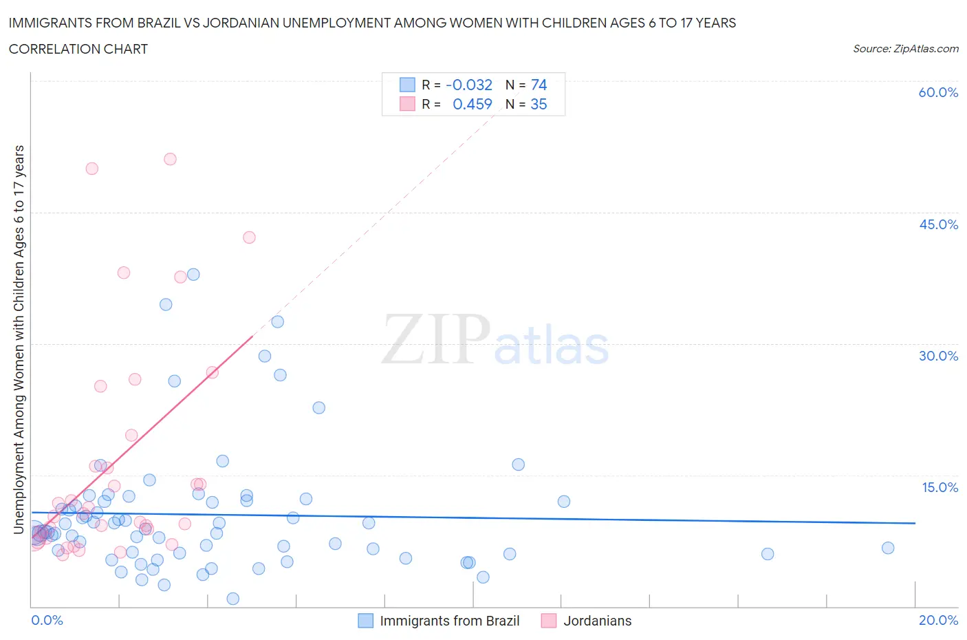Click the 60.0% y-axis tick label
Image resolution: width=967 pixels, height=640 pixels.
pos(938,92)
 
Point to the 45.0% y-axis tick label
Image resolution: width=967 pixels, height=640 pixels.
pos(938,224)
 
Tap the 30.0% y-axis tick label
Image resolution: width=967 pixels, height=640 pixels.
pos(938,356)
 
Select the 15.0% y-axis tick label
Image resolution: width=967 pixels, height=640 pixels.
pos(939,487)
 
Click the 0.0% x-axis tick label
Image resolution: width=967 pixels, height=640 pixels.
pos(47,620)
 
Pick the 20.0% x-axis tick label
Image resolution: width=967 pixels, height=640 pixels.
pos(938,620)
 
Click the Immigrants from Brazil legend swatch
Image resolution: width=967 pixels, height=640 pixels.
pos(366,621)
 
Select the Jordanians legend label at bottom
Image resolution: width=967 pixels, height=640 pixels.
pos(597,621)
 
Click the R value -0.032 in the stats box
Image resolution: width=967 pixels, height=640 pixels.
pos(469,85)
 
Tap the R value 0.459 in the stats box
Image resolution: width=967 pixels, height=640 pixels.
pos(472,104)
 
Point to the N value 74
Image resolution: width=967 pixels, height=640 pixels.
pos(539,85)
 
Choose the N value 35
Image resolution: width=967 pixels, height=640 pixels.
pos(539,104)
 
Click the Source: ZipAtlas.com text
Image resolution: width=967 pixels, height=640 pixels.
pos(905,49)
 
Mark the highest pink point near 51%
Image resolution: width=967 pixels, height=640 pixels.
pos(170,159)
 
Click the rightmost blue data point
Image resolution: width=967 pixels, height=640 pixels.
pos(888,548)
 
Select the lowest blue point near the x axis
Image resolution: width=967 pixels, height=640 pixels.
pos(233,599)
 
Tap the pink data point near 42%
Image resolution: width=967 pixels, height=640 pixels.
pos(249,237)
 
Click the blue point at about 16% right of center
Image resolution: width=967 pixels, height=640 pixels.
pos(518,465)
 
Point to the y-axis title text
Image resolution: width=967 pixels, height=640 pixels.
pos(19,339)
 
